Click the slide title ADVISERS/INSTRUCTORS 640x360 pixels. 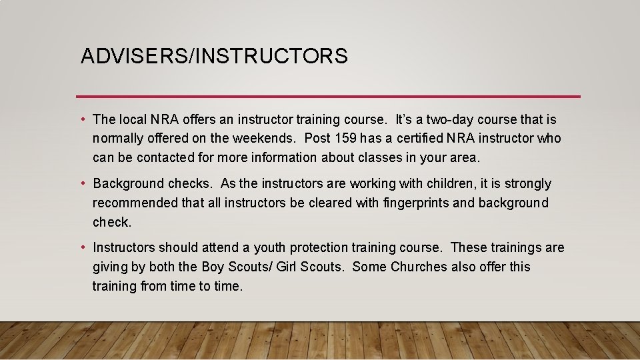(214, 56)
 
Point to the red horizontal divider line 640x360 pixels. (328, 97)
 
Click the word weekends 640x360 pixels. (269, 139)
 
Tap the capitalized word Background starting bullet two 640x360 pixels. (128, 183)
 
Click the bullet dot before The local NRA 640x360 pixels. (82, 120)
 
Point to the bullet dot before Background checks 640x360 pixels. (82, 183)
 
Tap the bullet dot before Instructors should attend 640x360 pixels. (82, 248)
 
